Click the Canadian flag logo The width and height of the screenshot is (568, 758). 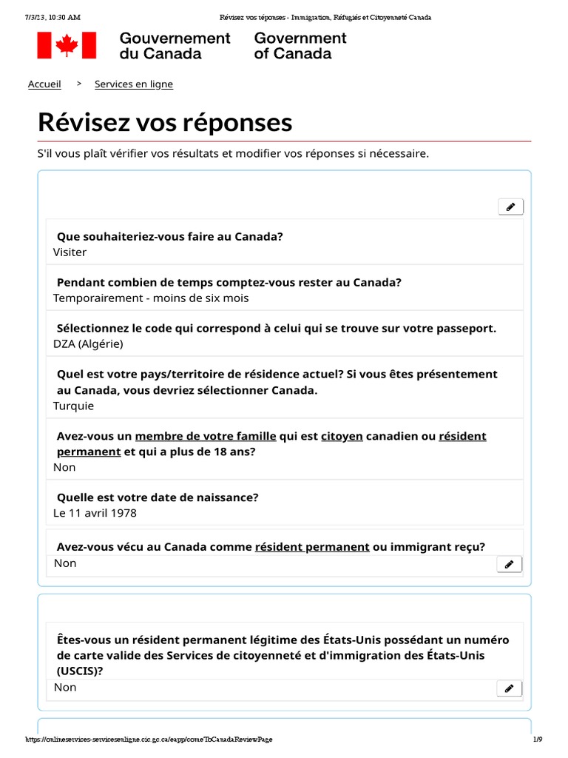(67, 45)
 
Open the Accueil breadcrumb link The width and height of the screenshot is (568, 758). (44, 84)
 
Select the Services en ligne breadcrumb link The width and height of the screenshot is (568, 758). (134, 84)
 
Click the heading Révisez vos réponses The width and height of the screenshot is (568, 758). (165, 122)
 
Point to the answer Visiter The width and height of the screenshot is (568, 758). (70, 252)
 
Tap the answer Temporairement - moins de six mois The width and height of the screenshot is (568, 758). (151, 298)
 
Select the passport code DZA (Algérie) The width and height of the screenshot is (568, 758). (88, 344)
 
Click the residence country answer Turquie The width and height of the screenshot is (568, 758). (73, 406)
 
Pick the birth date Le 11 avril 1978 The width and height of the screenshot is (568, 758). (95, 513)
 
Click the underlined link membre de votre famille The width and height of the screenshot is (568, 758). (206, 437)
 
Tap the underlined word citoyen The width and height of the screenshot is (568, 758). (342, 437)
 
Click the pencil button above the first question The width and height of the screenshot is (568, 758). (510, 207)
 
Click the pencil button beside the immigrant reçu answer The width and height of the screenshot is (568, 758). (509, 565)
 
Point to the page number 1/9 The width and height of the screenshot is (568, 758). (538, 739)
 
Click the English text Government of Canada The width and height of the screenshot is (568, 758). (300, 46)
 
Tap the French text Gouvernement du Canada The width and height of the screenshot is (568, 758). (175, 46)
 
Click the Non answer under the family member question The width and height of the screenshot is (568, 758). (64, 468)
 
